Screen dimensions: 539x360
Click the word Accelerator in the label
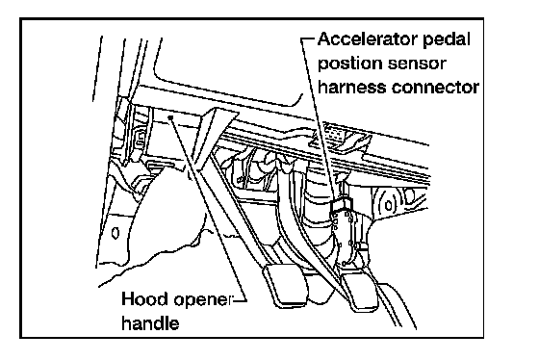368,39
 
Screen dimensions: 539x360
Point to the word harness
352,87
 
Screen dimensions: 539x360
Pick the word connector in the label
435,87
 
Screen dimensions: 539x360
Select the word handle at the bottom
150,322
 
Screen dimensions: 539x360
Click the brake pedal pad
284,284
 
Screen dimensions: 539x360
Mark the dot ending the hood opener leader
170,118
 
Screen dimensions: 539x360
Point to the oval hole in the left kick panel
115,233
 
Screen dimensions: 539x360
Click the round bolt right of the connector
389,206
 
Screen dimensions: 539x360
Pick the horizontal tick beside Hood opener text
240,300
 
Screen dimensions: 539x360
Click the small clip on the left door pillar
141,137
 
